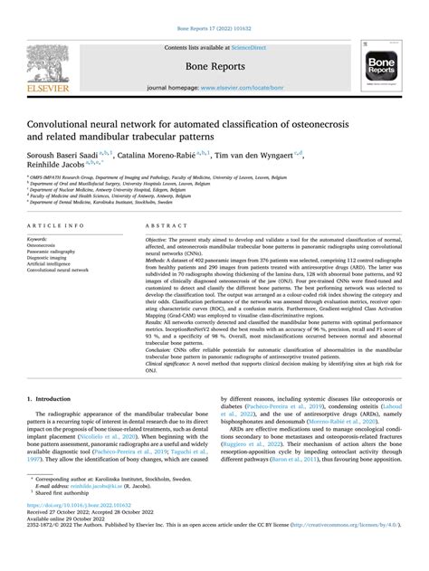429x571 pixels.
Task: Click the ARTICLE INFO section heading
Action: click(x=57, y=224)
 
